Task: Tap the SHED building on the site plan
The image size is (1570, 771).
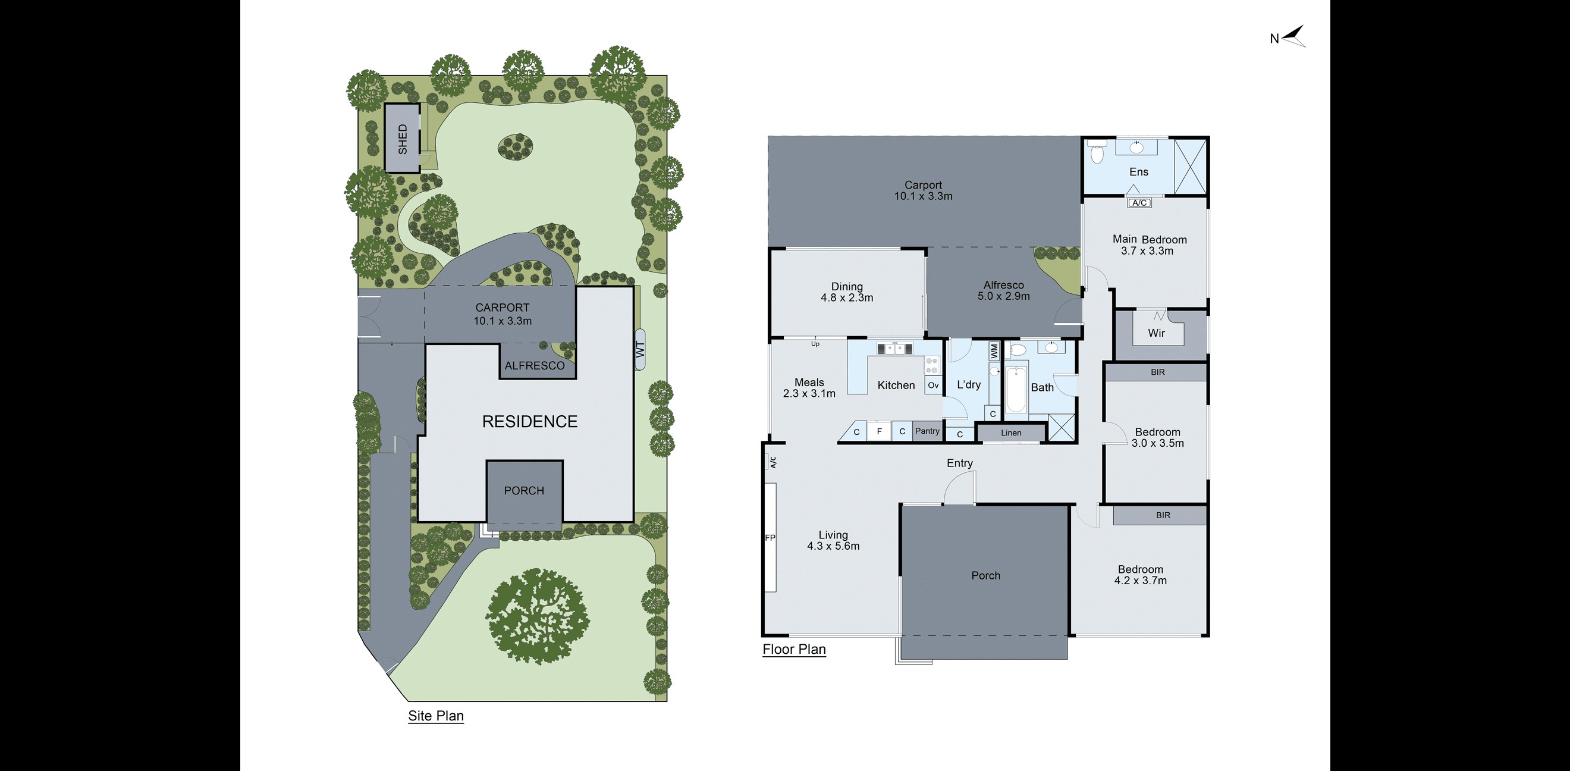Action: pos(402,139)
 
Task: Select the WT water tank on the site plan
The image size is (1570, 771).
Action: pos(640,349)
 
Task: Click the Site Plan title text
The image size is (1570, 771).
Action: pos(436,716)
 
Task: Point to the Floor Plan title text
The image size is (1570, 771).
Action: pos(794,649)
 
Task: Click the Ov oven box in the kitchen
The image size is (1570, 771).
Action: pos(933,385)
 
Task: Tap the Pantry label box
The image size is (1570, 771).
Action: pos(927,431)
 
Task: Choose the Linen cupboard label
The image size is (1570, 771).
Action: pos(1011,432)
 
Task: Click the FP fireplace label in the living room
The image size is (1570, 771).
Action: pos(770,538)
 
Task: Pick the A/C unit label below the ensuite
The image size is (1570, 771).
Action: pos(1139,203)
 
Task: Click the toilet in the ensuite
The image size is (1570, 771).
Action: pos(1097,152)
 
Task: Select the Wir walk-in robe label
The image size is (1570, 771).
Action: pos(1156,333)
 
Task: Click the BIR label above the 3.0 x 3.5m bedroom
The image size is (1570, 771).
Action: pos(1157,372)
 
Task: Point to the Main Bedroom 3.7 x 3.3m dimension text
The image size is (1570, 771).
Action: pos(1147,250)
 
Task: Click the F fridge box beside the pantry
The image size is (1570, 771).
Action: pos(879,431)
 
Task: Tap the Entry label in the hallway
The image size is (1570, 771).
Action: pos(959,463)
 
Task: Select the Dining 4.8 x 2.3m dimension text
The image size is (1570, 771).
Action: pos(847,297)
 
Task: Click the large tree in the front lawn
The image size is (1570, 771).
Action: pos(537,616)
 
